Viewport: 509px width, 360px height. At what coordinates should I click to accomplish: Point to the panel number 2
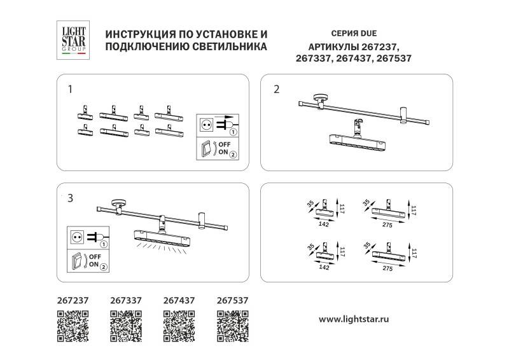(275, 89)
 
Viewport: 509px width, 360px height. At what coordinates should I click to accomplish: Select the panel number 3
(70, 198)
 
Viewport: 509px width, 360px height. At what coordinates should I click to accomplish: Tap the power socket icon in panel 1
(206, 125)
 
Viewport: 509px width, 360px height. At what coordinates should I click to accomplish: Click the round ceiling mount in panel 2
(319, 100)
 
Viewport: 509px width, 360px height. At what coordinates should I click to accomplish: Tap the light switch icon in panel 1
(206, 149)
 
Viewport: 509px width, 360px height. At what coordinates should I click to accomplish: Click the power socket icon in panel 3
(77, 237)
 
